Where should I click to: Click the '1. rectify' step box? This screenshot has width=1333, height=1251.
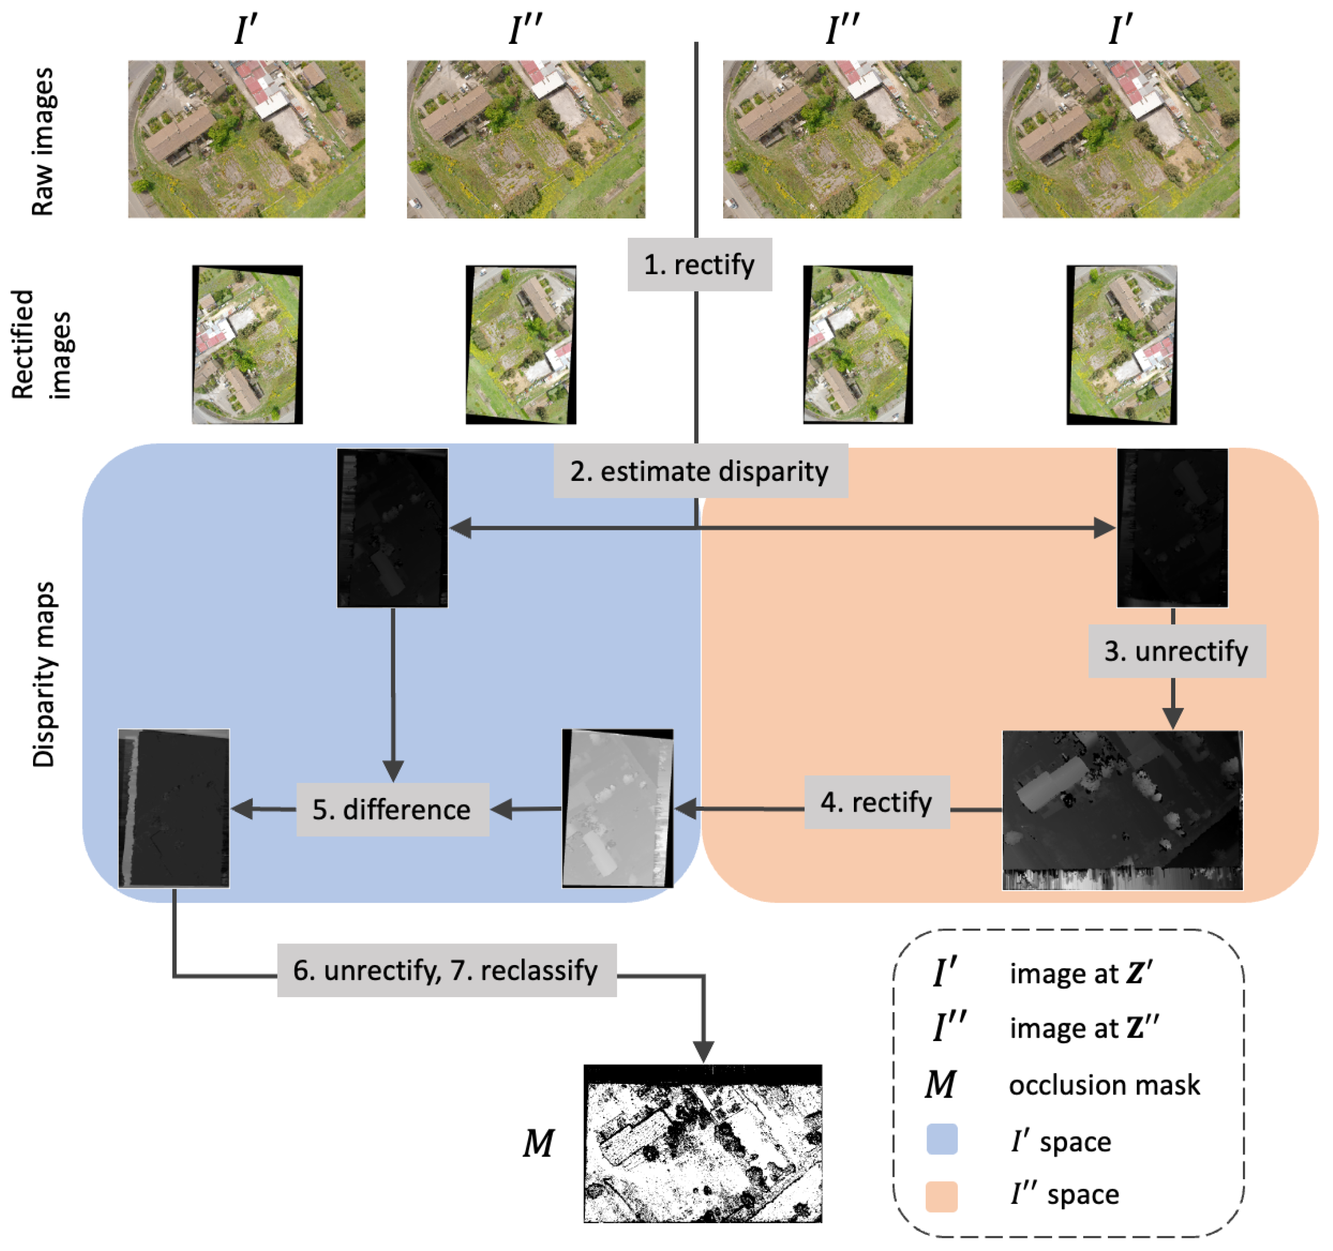[700, 265]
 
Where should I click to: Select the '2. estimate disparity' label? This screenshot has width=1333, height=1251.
[700, 471]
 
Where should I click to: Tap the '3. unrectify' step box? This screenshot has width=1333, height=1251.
[1177, 651]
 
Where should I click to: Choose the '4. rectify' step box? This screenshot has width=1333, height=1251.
[877, 803]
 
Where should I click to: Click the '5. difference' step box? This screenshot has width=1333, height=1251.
[392, 810]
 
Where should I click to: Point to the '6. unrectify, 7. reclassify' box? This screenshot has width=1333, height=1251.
[447, 971]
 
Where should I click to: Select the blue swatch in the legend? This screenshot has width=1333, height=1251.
[941, 1140]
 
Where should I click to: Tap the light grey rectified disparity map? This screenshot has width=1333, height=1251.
[617, 808]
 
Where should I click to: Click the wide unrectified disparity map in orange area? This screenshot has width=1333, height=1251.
[1122, 810]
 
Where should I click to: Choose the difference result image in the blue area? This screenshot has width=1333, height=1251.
[174, 808]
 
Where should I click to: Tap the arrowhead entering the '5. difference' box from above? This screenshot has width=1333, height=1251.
[393, 771]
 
